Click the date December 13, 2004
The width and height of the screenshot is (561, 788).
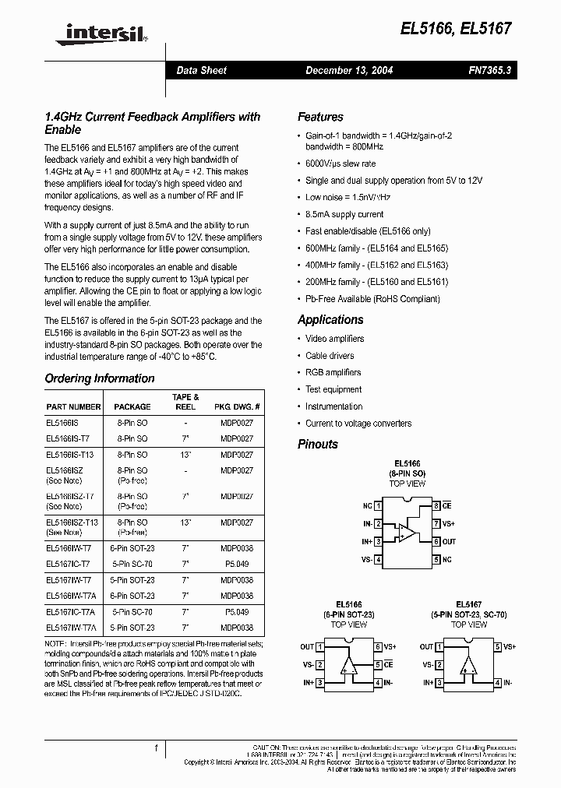(348, 70)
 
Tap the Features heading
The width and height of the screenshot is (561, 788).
(320, 117)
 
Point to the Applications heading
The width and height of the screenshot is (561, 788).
(330, 319)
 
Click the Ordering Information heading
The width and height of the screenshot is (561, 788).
(100, 378)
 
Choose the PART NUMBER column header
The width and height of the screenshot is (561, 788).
(73, 406)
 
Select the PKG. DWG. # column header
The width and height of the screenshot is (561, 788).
(237, 406)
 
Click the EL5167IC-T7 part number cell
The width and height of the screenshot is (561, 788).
(69, 564)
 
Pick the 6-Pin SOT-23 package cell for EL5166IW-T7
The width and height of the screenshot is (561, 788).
(132, 548)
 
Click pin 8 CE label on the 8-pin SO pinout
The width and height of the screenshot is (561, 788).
(446, 506)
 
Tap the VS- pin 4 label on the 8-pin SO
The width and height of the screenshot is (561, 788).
(367, 560)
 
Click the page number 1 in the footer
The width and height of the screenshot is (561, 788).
(156, 748)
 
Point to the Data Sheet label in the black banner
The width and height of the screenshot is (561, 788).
(201, 70)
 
